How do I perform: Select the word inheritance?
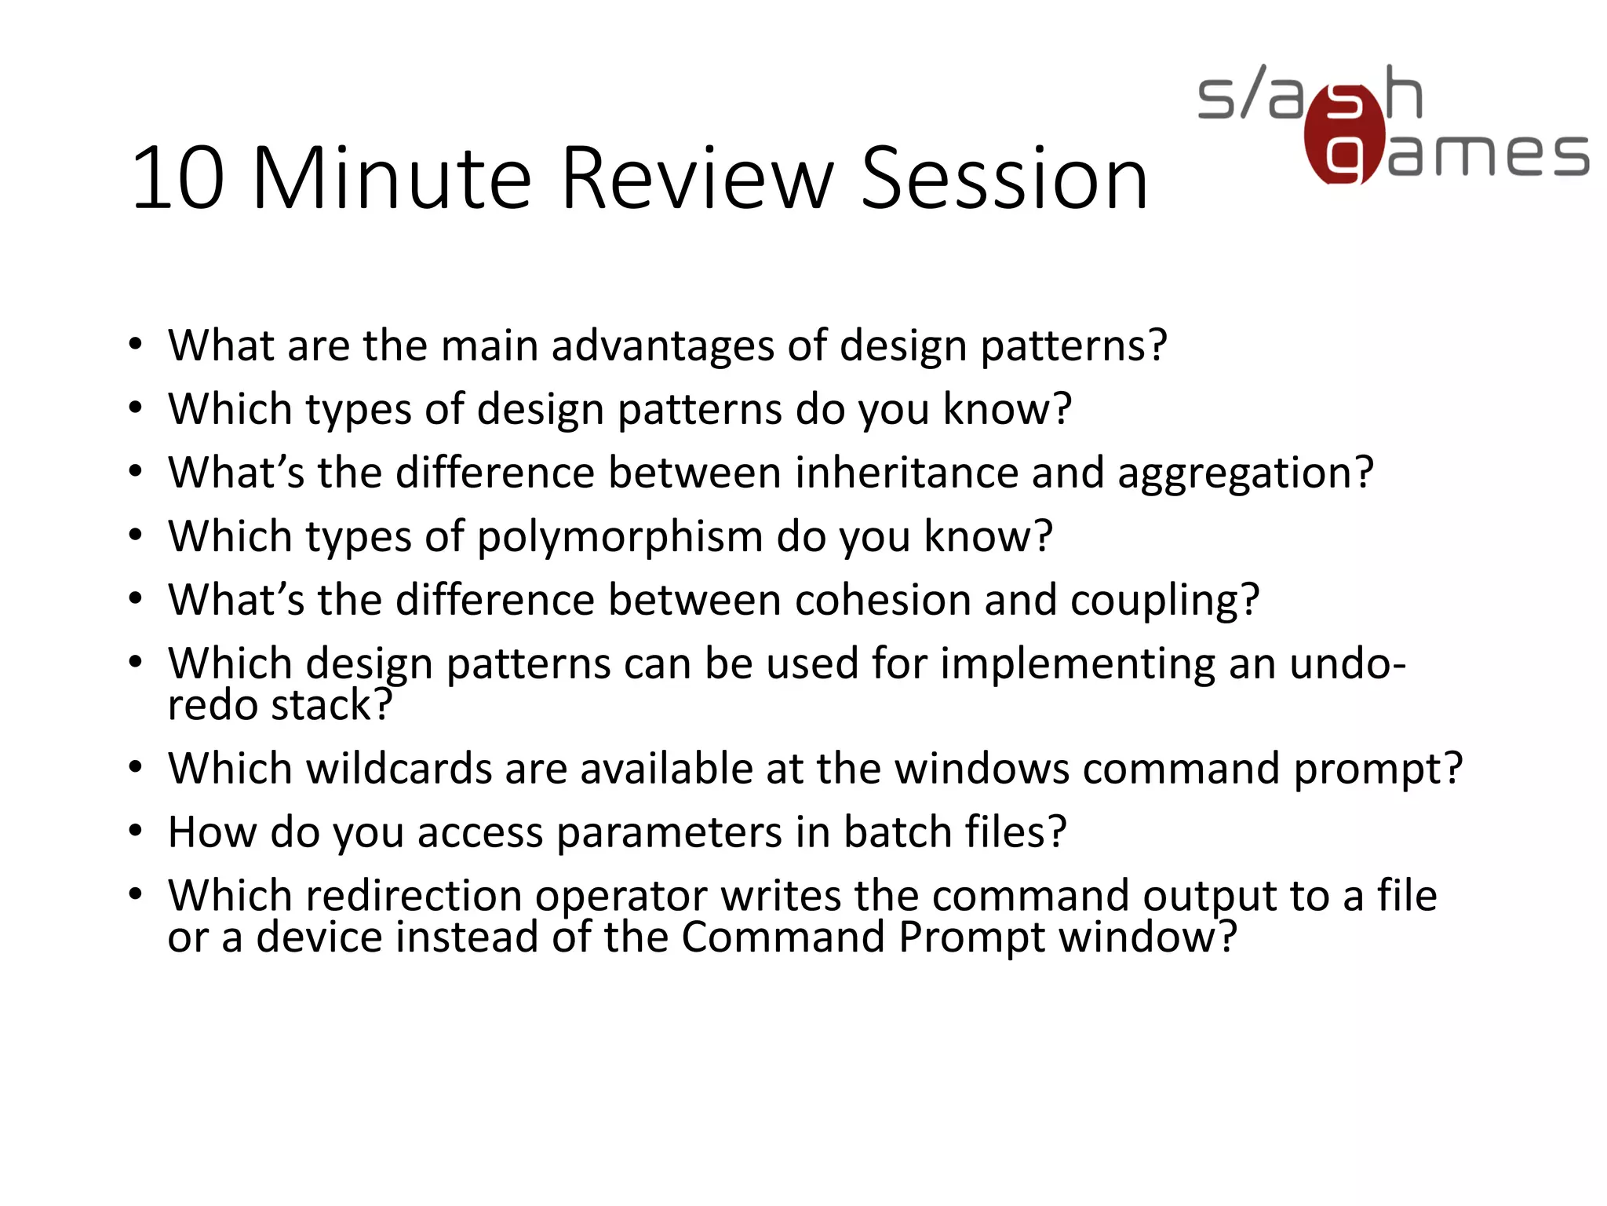(906, 473)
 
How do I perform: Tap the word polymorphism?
(620, 539)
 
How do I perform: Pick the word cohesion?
(882, 601)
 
